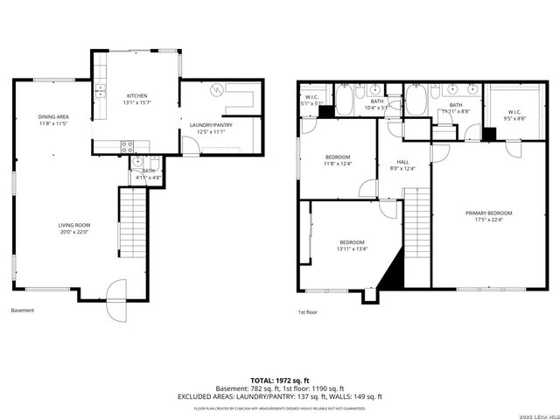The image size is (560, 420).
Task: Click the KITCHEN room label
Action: pyautogui.click(x=136, y=95)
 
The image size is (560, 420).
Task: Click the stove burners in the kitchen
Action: pyautogui.click(x=127, y=146)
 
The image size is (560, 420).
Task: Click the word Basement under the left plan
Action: pyautogui.click(x=23, y=311)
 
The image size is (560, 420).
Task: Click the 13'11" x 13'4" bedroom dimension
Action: pyautogui.click(x=353, y=249)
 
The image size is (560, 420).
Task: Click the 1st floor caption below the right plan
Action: pyautogui.click(x=307, y=311)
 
